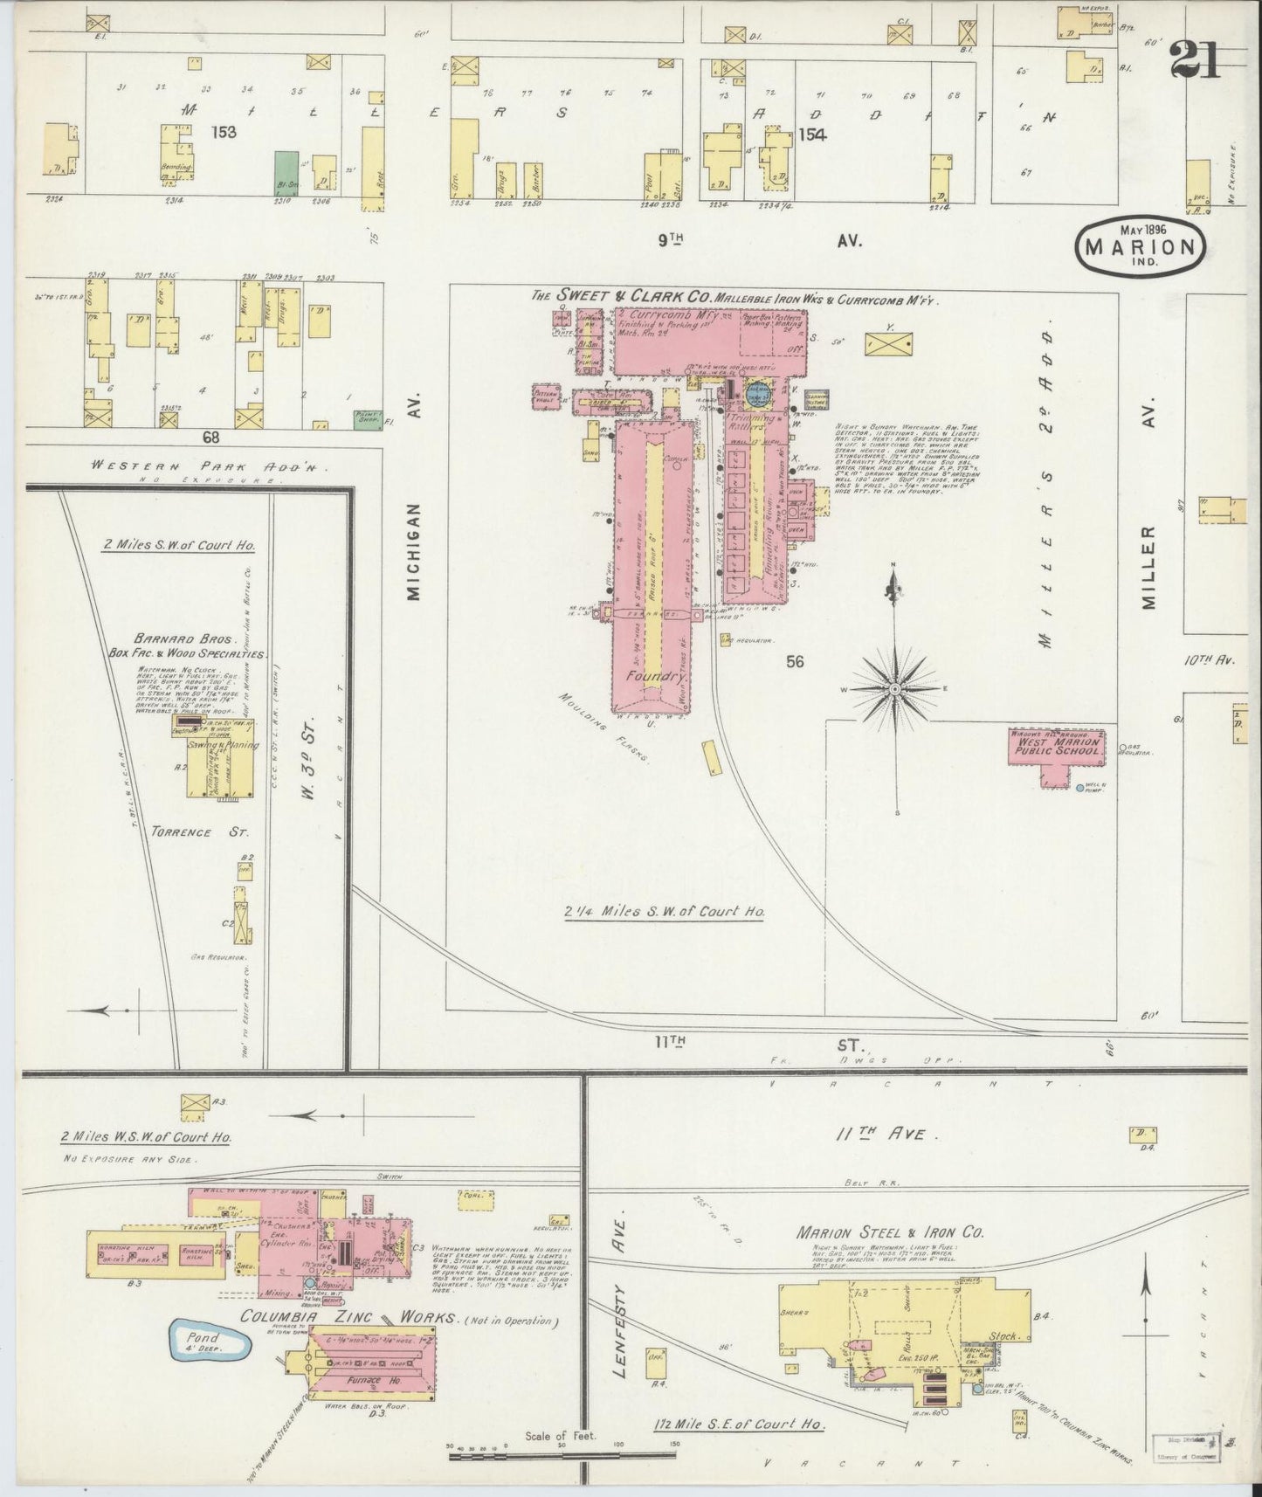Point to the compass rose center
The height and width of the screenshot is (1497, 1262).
coord(894,688)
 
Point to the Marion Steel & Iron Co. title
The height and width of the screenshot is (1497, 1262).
coord(890,1231)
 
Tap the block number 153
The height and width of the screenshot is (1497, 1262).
coord(223,132)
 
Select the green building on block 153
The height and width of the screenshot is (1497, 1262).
coord(284,172)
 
